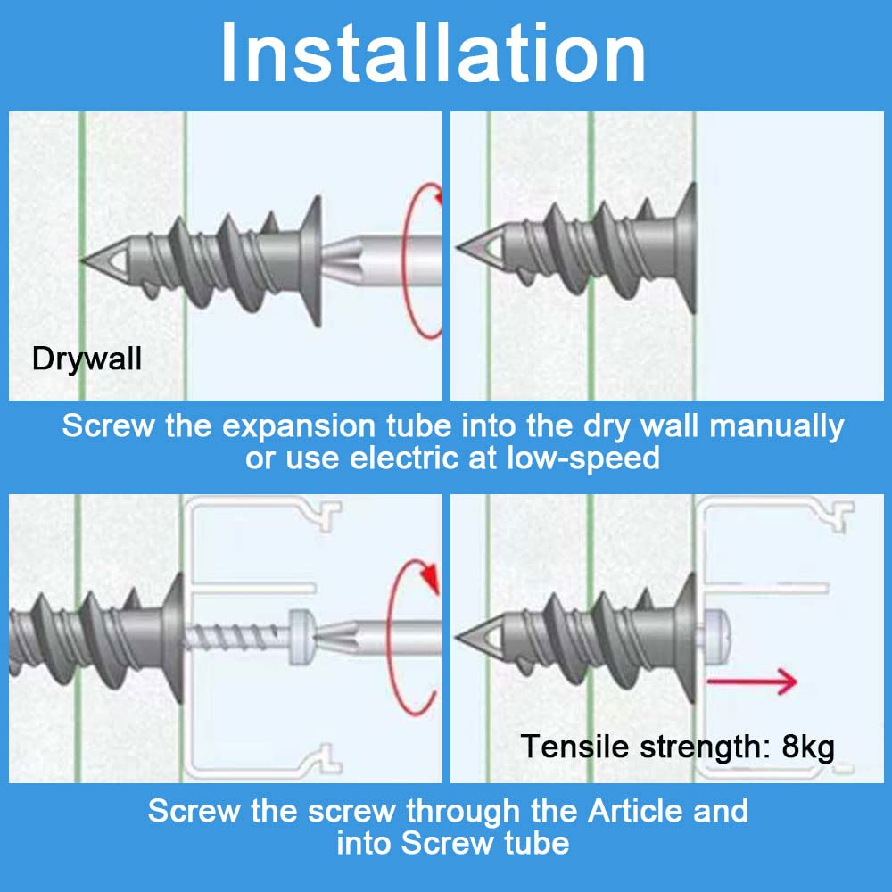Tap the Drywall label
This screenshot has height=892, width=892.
(87, 359)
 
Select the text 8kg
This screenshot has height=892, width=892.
(807, 745)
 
